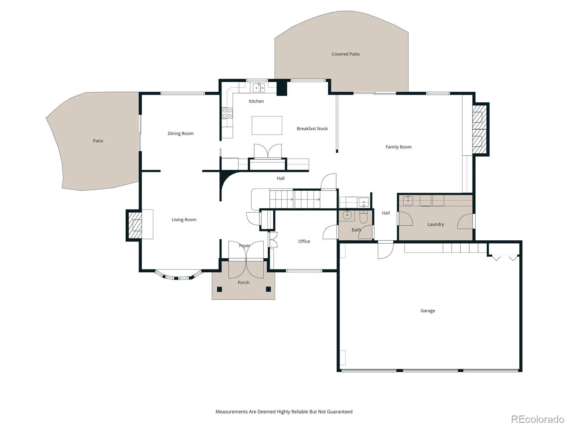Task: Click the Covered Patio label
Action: tap(345, 54)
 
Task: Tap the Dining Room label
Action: tap(180, 133)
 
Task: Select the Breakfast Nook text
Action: tap(312, 129)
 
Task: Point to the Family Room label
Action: tap(399, 147)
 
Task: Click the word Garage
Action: tap(427, 311)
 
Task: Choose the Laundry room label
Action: tap(436, 224)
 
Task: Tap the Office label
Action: tap(304, 241)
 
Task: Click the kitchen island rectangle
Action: tap(267, 125)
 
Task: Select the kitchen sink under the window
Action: tap(258, 88)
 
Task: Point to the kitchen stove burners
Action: tap(227, 113)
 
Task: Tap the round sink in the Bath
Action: tap(347, 215)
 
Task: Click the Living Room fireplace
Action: tap(135, 225)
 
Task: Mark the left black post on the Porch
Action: tap(219, 289)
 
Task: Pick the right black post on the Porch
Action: tap(268, 289)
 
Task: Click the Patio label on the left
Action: tap(98, 141)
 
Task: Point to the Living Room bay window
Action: tap(178, 275)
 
